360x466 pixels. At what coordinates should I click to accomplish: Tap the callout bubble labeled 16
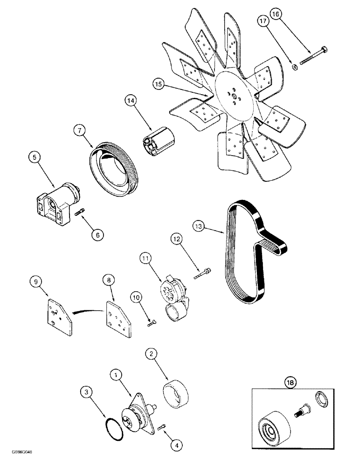(275, 14)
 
